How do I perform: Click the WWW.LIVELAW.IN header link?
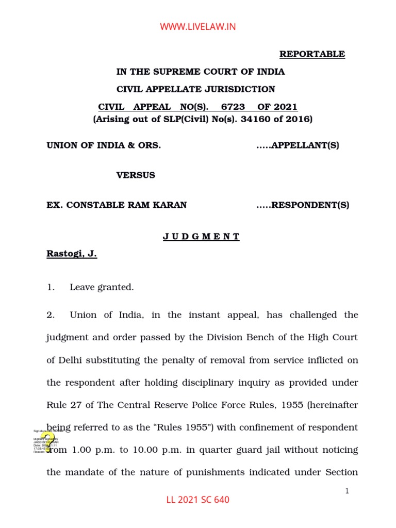tap(198, 27)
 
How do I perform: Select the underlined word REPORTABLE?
tap(312, 54)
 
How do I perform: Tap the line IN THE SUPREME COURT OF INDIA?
tap(200, 72)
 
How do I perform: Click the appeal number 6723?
tap(233, 107)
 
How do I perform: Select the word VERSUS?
tap(136, 175)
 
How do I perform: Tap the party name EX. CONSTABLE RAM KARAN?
tap(117, 205)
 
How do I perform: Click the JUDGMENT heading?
tap(201, 237)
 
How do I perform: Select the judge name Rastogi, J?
tap(72, 254)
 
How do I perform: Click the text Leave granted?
tap(102, 287)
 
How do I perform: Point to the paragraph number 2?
tap(50, 315)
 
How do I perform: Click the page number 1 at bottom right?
tap(348, 491)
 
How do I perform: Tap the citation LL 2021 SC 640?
tap(198, 500)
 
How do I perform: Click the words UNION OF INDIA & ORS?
tap(104, 145)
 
